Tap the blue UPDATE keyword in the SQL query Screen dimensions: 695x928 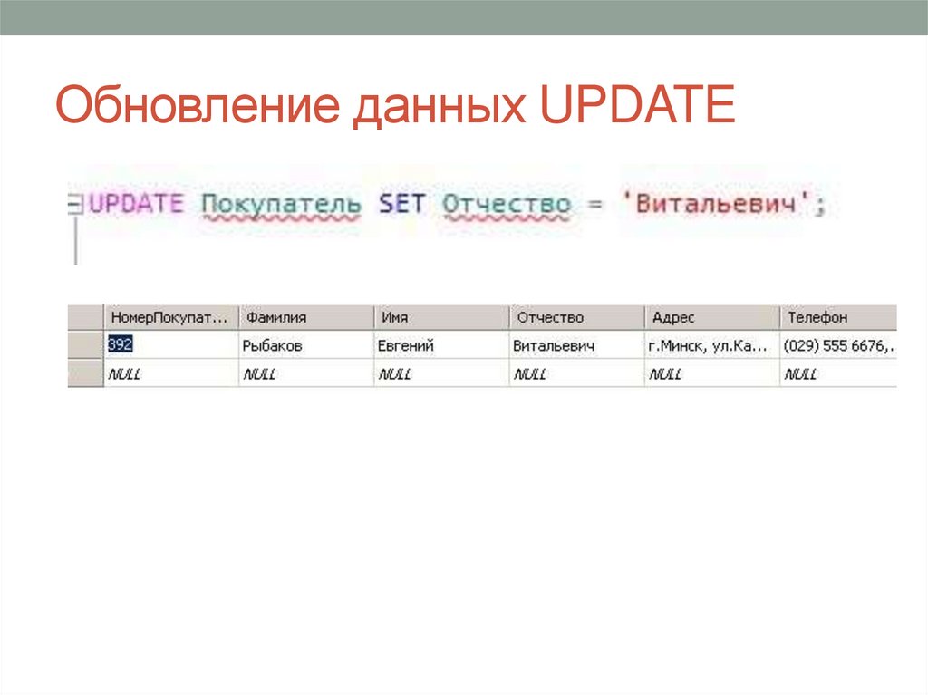click(135, 204)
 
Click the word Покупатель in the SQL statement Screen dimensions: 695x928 click(280, 205)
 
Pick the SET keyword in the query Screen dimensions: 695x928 click(401, 204)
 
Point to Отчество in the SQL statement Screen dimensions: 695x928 click(507, 205)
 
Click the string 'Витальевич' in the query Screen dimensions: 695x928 click(717, 204)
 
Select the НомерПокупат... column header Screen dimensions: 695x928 click(169, 318)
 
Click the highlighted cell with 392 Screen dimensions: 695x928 click(121, 345)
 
